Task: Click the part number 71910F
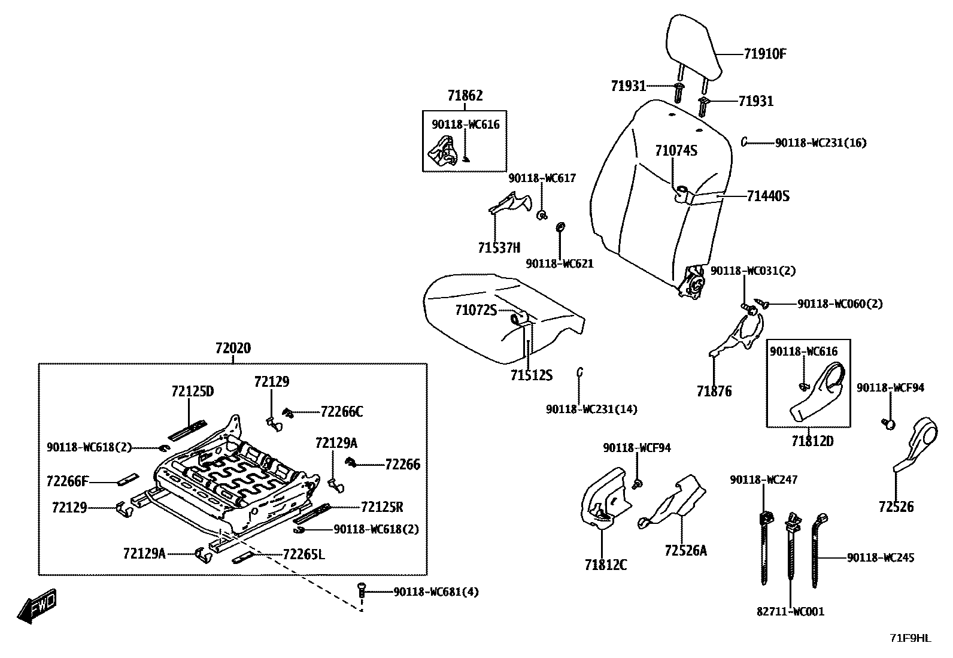pyautogui.click(x=764, y=54)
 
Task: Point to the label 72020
pyautogui.click(x=233, y=348)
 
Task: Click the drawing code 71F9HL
pyautogui.click(x=910, y=638)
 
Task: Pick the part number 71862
pyautogui.click(x=465, y=95)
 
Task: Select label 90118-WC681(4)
pyautogui.click(x=436, y=592)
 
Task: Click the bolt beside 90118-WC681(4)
pyautogui.click(x=361, y=589)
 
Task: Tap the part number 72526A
pyautogui.click(x=685, y=550)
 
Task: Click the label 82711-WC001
pyautogui.click(x=790, y=611)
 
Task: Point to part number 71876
pyautogui.click(x=714, y=392)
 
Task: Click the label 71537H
pyautogui.click(x=499, y=247)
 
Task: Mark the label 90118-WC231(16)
pyautogui.click(x=820, y=142)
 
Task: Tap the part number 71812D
pyautogui.click(x=812, y=441)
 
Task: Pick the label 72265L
pyautogui.click(x=303, y=554)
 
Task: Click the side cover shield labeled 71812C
pyautogui.click(x=605, y=497)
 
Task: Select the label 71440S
pyautogui.click(x=768, y=196)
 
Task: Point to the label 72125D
pyautogui.click(x=192, y=391)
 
